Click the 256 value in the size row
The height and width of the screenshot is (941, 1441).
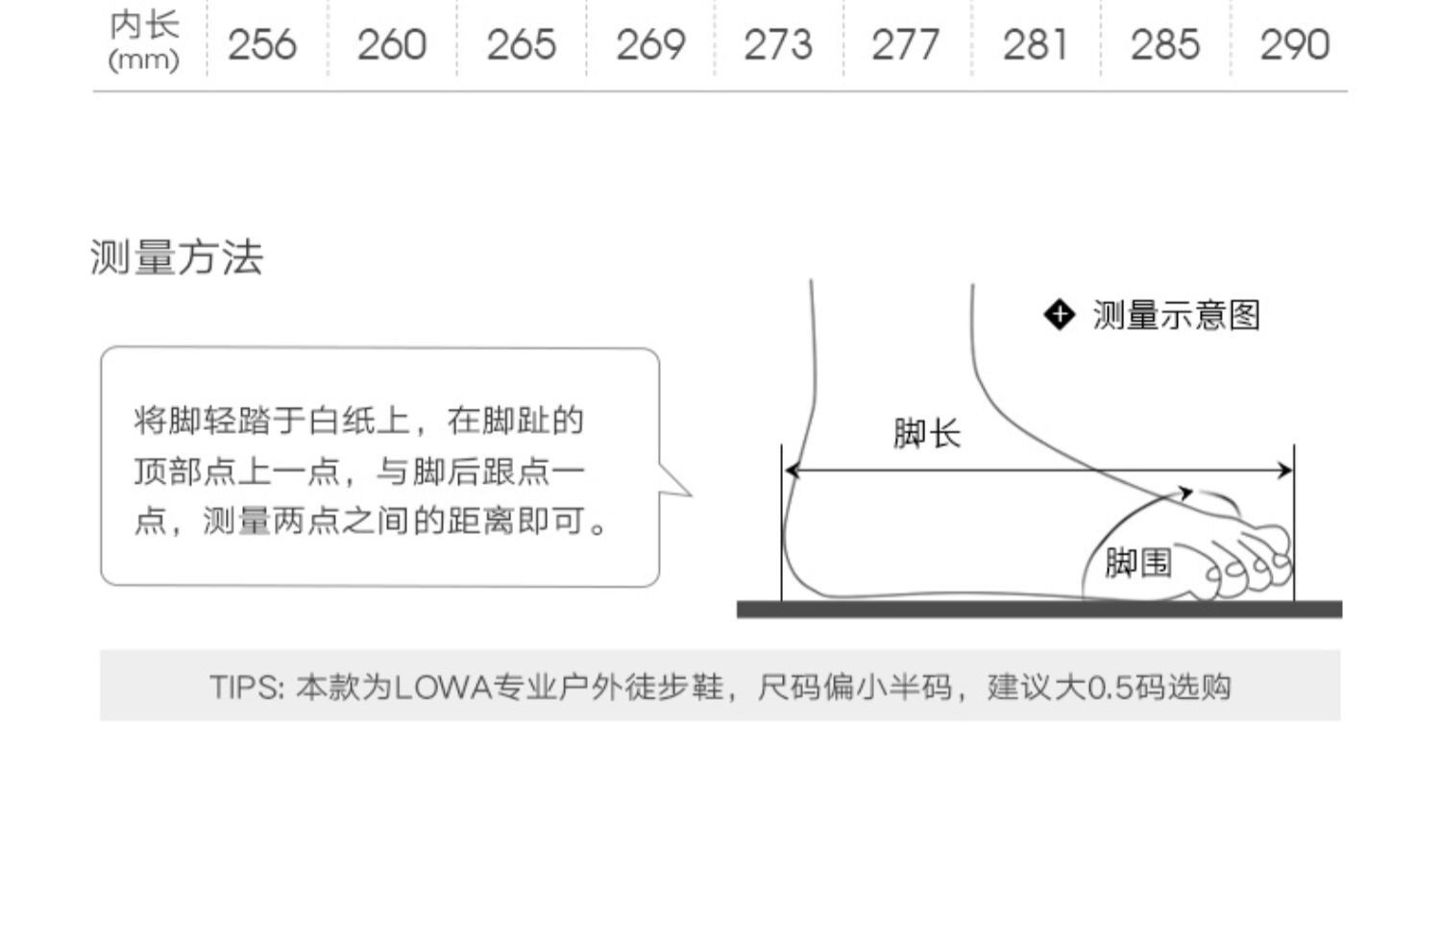tap(261, 45)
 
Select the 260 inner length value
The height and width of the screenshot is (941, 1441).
tap(391, 45)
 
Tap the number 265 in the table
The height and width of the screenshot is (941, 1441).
tap(521, 45)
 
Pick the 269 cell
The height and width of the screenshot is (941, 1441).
tap(650, 45)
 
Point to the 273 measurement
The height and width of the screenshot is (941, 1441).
tap(778, 45)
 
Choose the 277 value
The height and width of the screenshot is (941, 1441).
tap(906, 45)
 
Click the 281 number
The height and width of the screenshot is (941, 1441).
tap(1035, 45)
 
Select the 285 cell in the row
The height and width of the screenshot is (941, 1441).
tap(1164, 45)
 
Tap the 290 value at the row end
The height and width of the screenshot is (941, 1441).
tap(1294, 45)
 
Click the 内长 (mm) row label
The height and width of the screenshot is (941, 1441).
tap(144, 41)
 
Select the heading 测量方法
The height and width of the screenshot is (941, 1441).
tap(177, 257)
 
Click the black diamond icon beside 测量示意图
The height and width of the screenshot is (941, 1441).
tap(1059, 314)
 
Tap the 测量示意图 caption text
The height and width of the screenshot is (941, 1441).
tap(1176, 315)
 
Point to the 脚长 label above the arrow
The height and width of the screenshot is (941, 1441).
tap(926, 433)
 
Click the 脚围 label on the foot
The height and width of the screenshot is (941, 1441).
tap(1137, 563)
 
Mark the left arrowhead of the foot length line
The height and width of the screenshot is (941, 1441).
tap(792, 470)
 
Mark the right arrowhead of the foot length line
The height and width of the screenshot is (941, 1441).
tap(1285, 470)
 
